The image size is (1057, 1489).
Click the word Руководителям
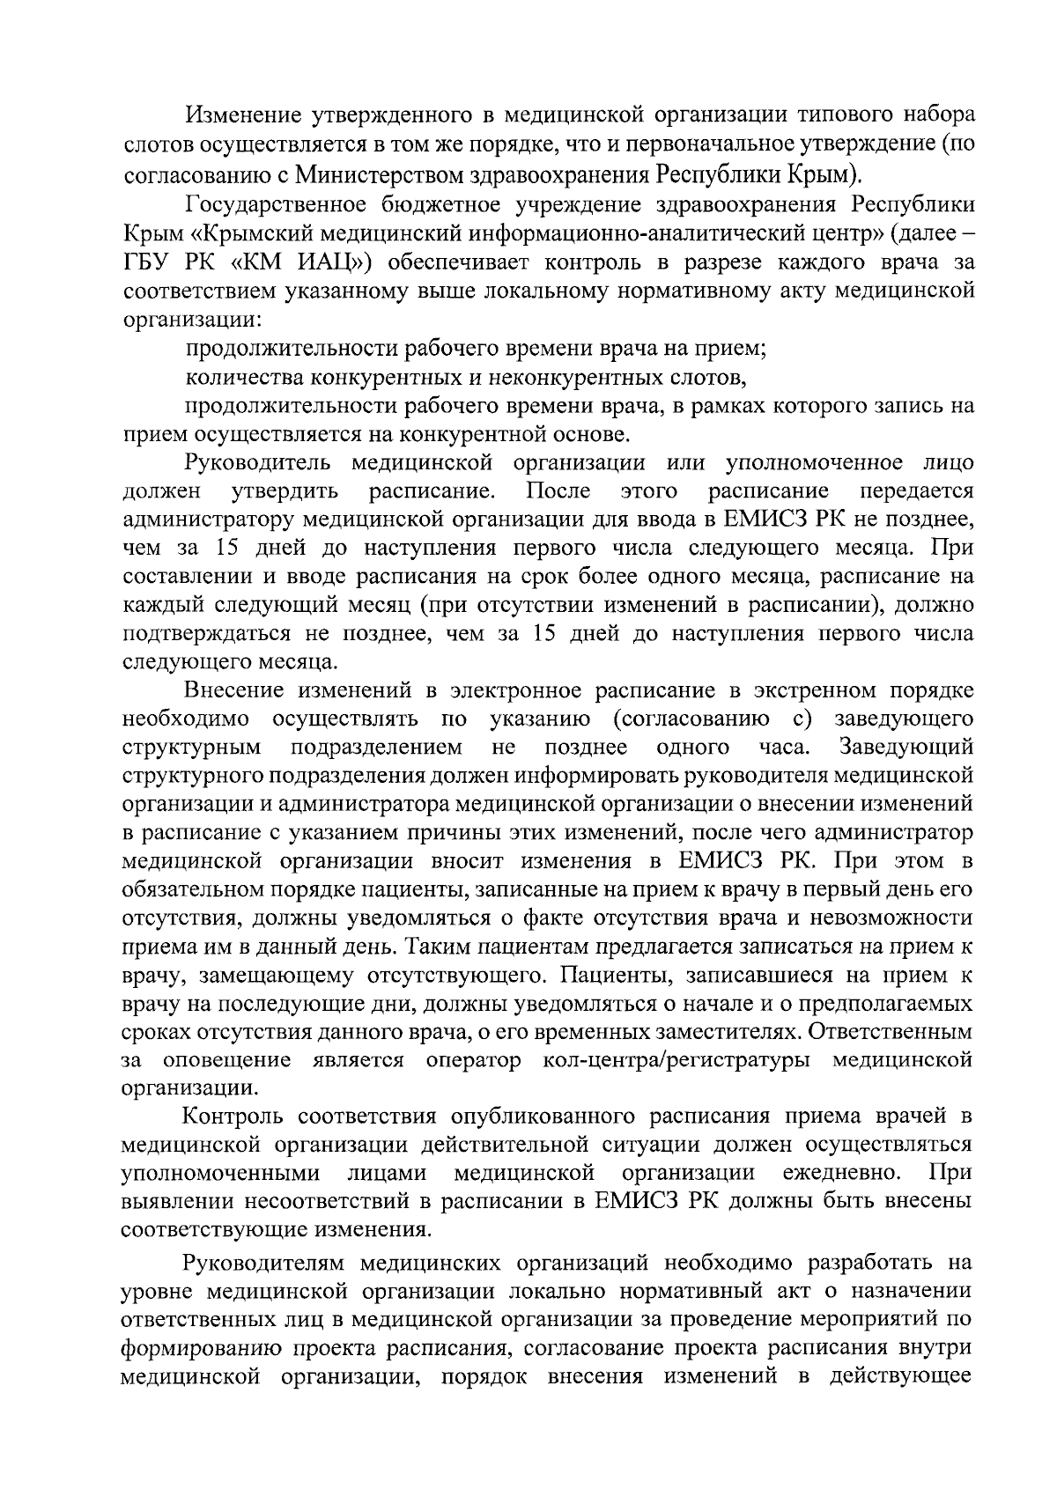(x=262, y=1264)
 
